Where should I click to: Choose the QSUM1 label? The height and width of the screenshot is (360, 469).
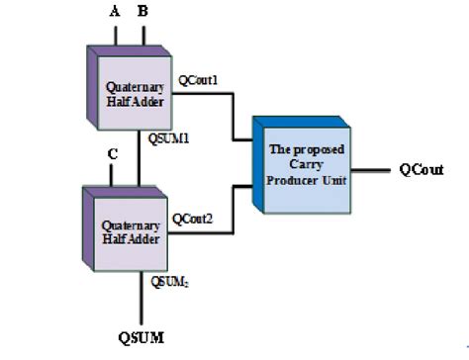[170, 139]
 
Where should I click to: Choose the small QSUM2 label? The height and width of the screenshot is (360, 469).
[169, 281]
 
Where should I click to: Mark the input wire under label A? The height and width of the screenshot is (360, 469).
[119, 36]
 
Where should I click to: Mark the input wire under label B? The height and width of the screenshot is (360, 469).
[145, 36]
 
